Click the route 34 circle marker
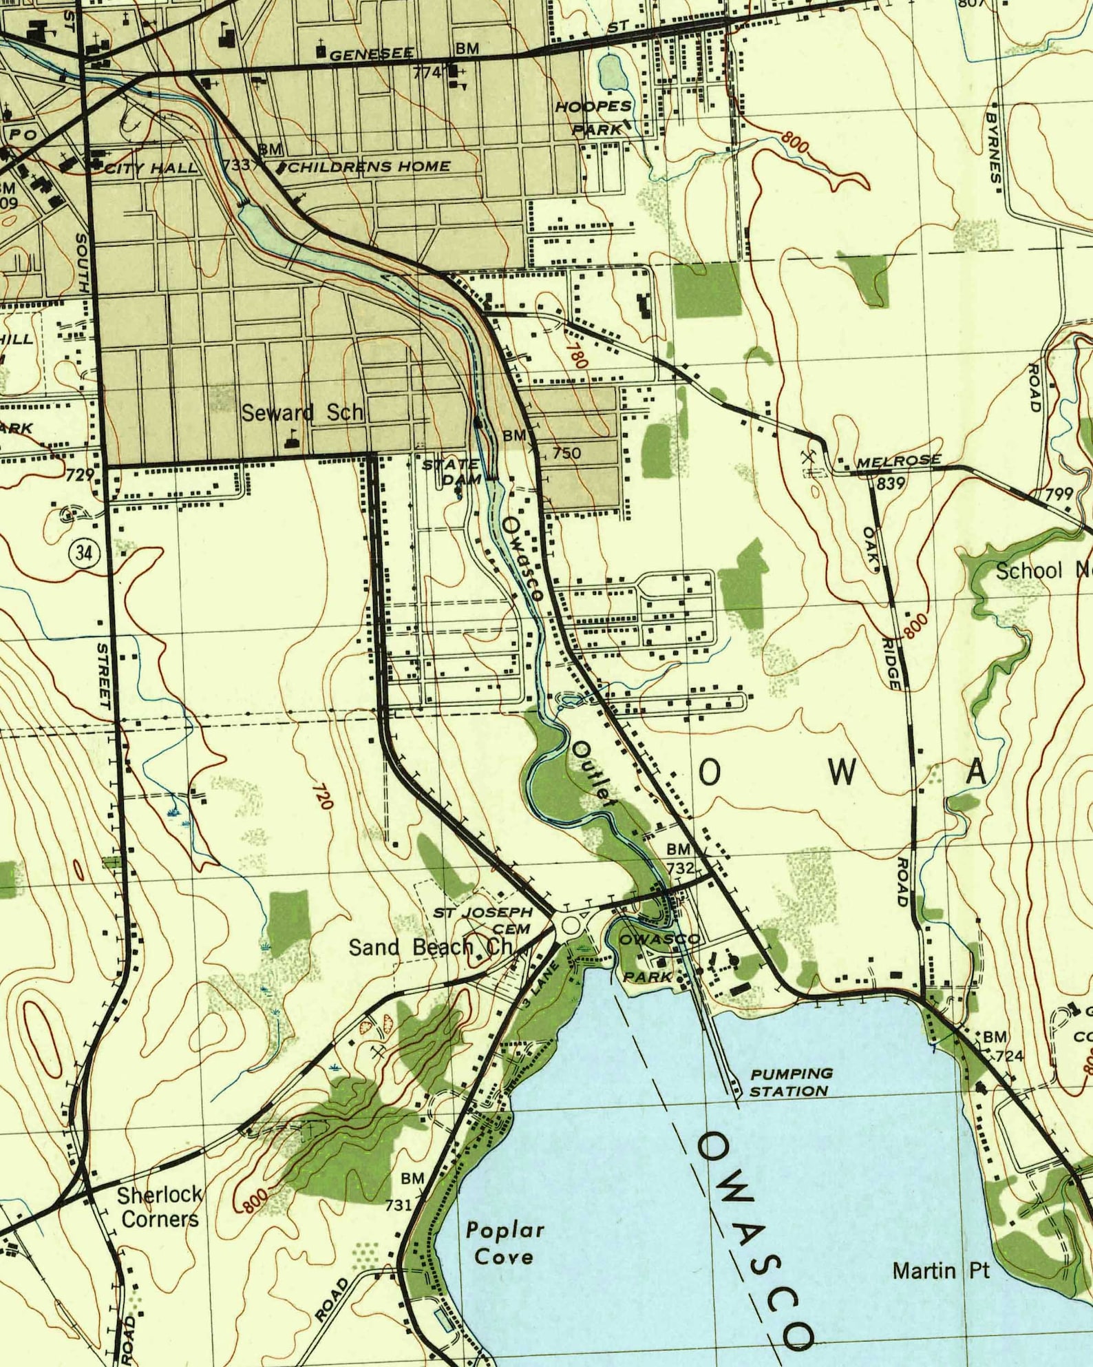[84, 552]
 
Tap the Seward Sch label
[301, 413]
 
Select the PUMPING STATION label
[791, 1082]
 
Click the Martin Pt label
[941, 1270]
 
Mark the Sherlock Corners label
[160, 1207]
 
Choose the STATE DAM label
[452, 471]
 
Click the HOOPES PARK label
[593, 117]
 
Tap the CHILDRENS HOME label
[369, 167]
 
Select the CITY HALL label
[150, 168]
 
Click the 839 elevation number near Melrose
[890, 483]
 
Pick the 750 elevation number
[566, 453]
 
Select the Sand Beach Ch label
[431, 948]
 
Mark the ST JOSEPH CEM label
[484, 920]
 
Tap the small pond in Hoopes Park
[610, 72]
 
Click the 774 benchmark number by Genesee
[427, 72]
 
